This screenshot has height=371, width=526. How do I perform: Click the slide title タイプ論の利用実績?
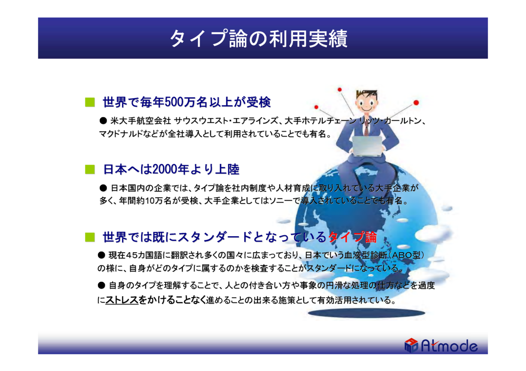[258, 38]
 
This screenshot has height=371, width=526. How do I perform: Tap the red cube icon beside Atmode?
[411, 345]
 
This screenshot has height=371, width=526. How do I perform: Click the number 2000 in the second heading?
[165, 169]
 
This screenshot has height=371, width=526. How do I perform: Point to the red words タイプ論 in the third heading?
[352, 237]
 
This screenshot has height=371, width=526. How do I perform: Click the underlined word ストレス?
[122, 300]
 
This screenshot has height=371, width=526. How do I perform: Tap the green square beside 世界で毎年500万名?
[90, 102]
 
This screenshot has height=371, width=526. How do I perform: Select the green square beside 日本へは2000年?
[90, 170]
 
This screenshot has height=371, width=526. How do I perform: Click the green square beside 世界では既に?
[90, 237]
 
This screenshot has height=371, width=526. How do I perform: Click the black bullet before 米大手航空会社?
[103, 121]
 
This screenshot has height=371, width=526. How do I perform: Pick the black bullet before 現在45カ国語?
[102, 255]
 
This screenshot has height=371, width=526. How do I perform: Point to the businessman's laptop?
[367, 146]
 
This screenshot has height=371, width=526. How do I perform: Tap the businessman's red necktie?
[366, 129]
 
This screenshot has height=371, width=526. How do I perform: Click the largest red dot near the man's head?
[416, 103]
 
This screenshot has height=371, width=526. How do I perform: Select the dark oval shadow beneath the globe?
[366, 313]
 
